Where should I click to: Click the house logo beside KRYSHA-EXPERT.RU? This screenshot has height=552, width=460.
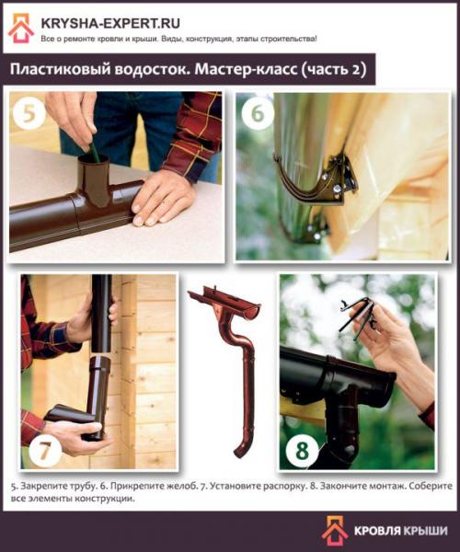click(21, 28)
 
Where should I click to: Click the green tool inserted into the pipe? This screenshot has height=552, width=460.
click(91, 148)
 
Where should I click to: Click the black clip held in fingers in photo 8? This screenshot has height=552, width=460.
click(359, 314)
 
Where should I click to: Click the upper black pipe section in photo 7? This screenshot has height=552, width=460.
click(101, 313)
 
